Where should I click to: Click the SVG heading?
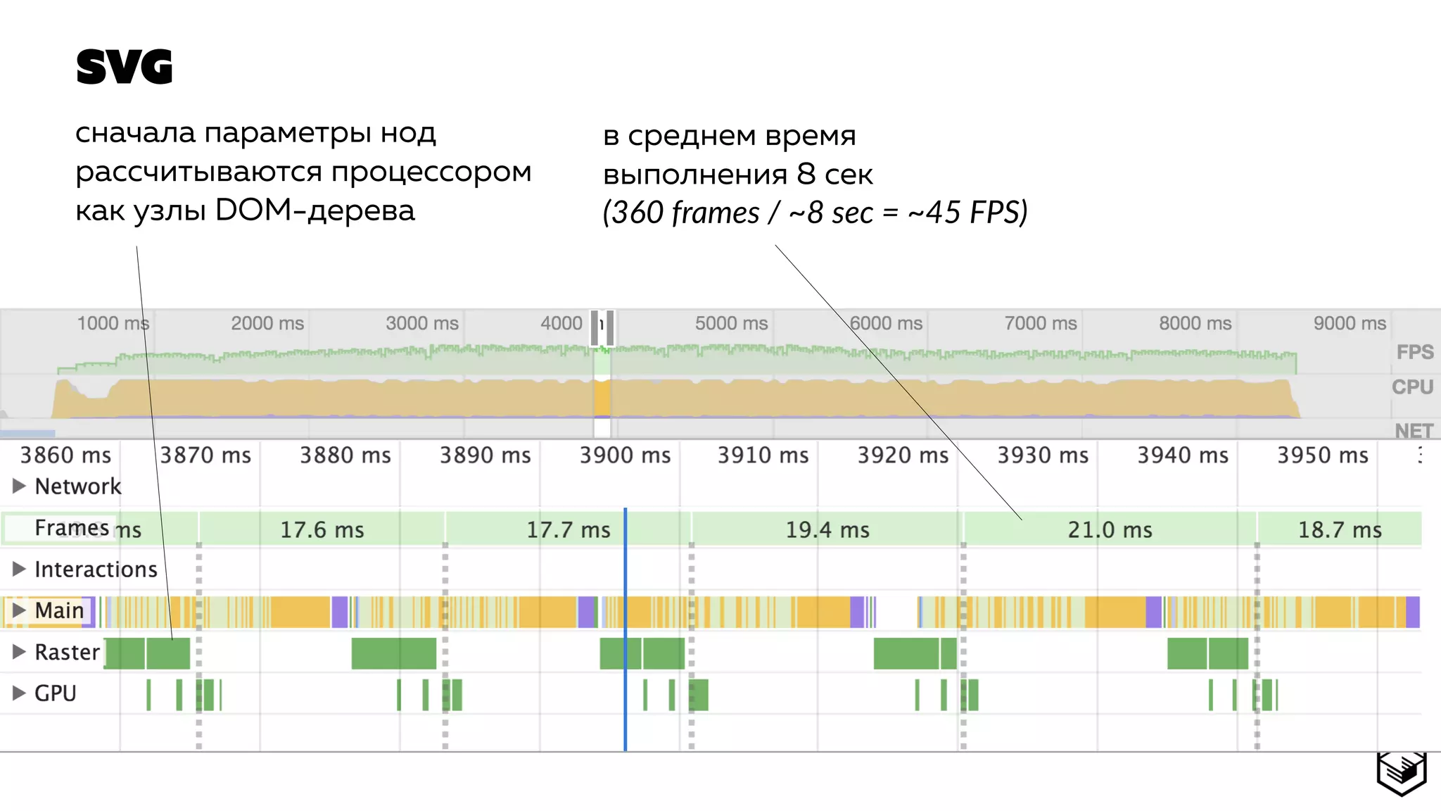tap(124, 68)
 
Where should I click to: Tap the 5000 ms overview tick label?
tap(731, 323)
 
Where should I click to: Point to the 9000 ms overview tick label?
tap(1350, 323)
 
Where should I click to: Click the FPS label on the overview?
tap(1415, 352)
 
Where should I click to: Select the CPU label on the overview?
tap(1412, 387)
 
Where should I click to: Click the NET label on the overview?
tap(1414, 431)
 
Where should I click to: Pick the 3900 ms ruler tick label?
tap(625, 455)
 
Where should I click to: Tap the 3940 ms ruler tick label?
tap(1183, 455)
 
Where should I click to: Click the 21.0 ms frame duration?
tap(1110, 529)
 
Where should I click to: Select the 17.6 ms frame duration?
tap(322, 529)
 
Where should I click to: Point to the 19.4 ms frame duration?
tap(827, 529)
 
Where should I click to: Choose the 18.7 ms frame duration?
tap(1340, 529)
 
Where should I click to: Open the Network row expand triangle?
tap(19, 486)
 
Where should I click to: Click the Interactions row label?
tap(96, 569)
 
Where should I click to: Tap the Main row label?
tap(59, 610)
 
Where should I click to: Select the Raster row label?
tap(67, 652)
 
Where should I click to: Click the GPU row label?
tap(55, 693)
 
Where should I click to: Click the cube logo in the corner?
tap(1402, 772)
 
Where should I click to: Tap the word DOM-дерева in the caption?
tap(315, 210)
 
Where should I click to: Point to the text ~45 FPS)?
tap(968, 213)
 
